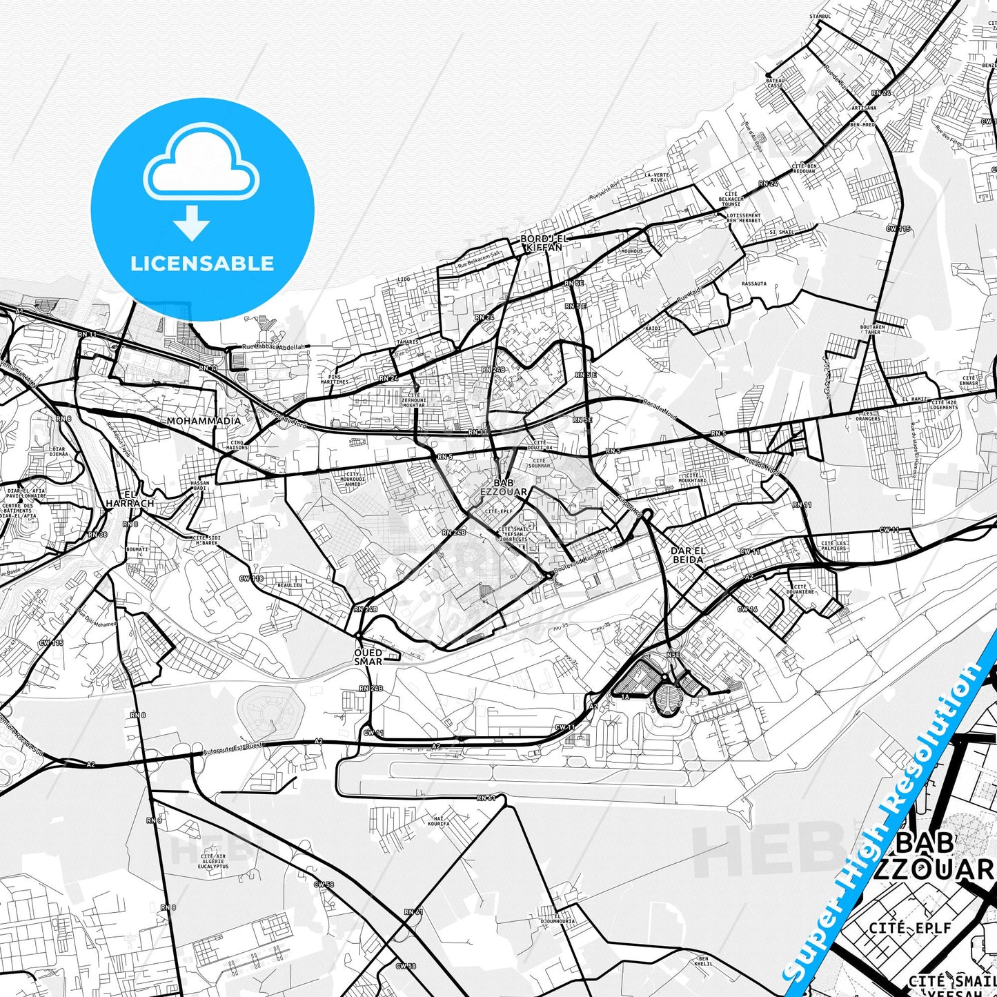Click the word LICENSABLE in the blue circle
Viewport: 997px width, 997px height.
(x=202, y=263)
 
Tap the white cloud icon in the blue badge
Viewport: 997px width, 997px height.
(x=201, y=165)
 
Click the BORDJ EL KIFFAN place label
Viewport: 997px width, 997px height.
(x=543, y=243)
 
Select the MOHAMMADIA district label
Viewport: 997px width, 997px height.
(x=204, y=421)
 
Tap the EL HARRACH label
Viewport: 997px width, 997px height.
(x=130, y=499)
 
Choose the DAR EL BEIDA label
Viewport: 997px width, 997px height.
(x=688, y=555)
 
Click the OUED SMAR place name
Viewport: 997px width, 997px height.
(x=368, y=657)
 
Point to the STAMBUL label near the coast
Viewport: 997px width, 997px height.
(x=820, y=16)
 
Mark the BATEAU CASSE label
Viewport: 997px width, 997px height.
(x=776, y=83)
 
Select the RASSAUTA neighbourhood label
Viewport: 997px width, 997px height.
(x=753, y=283)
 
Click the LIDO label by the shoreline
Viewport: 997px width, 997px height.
(x=404, y=279)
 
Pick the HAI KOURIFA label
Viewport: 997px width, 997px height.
(x=438, y=821)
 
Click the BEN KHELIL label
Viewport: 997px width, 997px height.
(x=703, y=961)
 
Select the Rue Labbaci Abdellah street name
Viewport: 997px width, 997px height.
(x=273, y=347)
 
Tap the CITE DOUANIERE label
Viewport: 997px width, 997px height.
(x=800, y=589)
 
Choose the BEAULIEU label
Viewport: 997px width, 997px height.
(x=290, y=584)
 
